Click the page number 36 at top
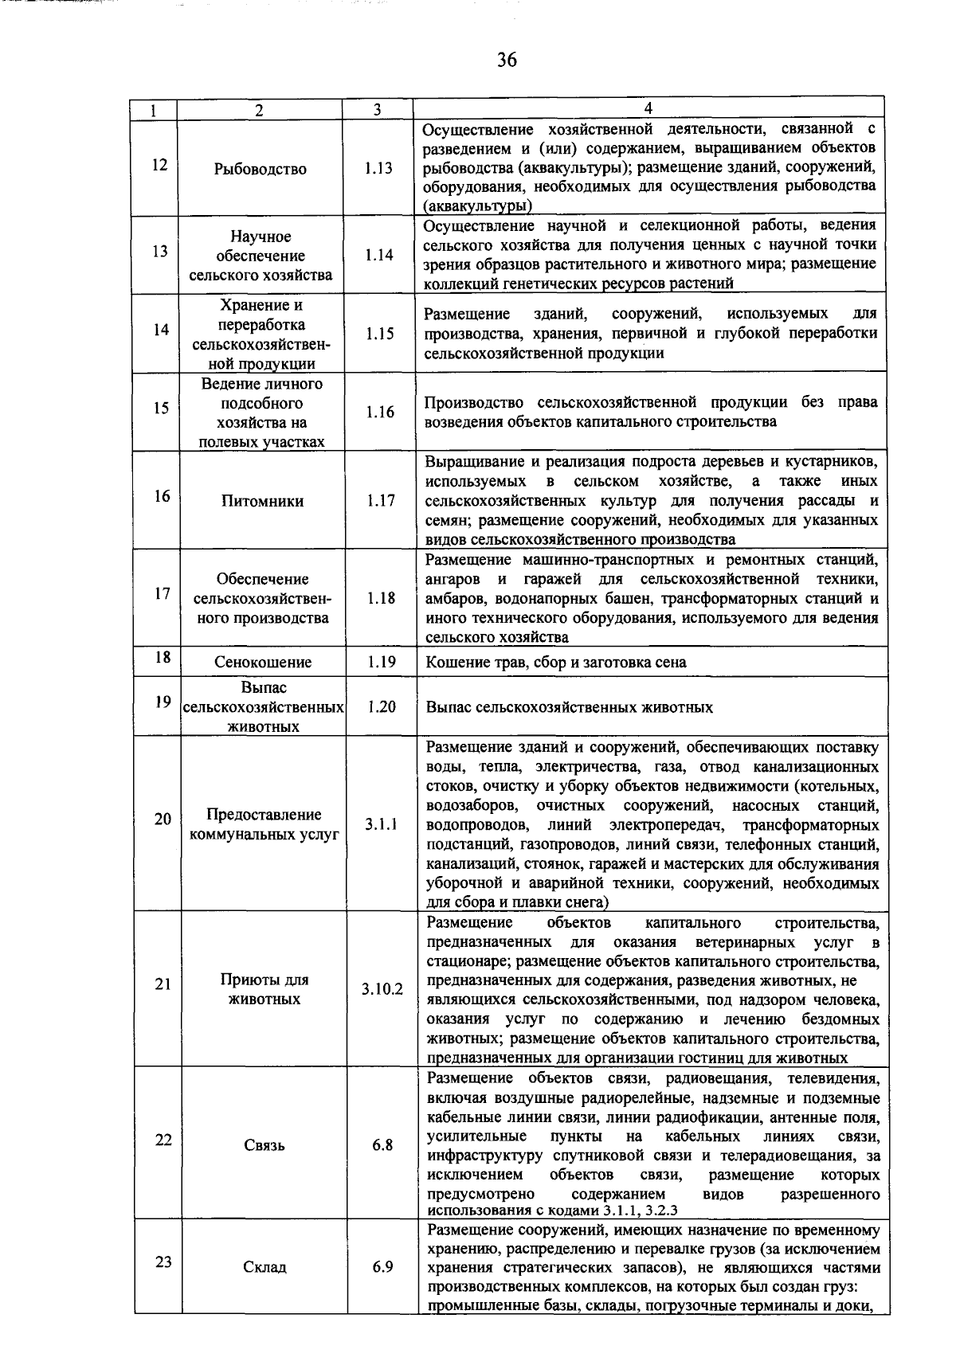507,61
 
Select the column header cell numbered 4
648,109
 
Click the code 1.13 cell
379,169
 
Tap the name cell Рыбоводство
261,169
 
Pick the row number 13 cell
161,252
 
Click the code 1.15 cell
380,334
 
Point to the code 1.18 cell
381,598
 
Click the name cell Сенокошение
263,662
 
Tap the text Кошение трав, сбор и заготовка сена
556,662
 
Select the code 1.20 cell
382,706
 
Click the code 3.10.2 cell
382,989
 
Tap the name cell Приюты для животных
264,989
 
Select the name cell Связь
264,1145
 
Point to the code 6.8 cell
382,1145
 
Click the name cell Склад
264,1266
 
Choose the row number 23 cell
163,1262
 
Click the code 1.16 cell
380,412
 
